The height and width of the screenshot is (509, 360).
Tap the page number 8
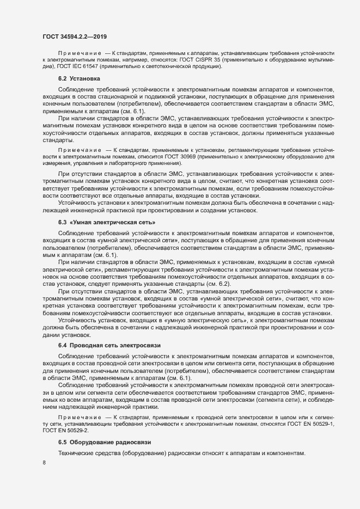44,463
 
